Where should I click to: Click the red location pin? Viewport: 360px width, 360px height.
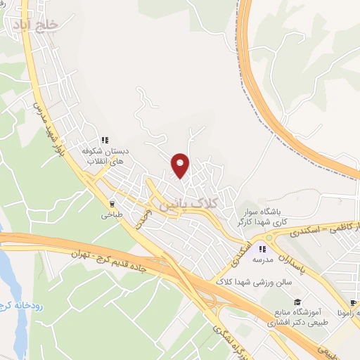click(x=181, y=165)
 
